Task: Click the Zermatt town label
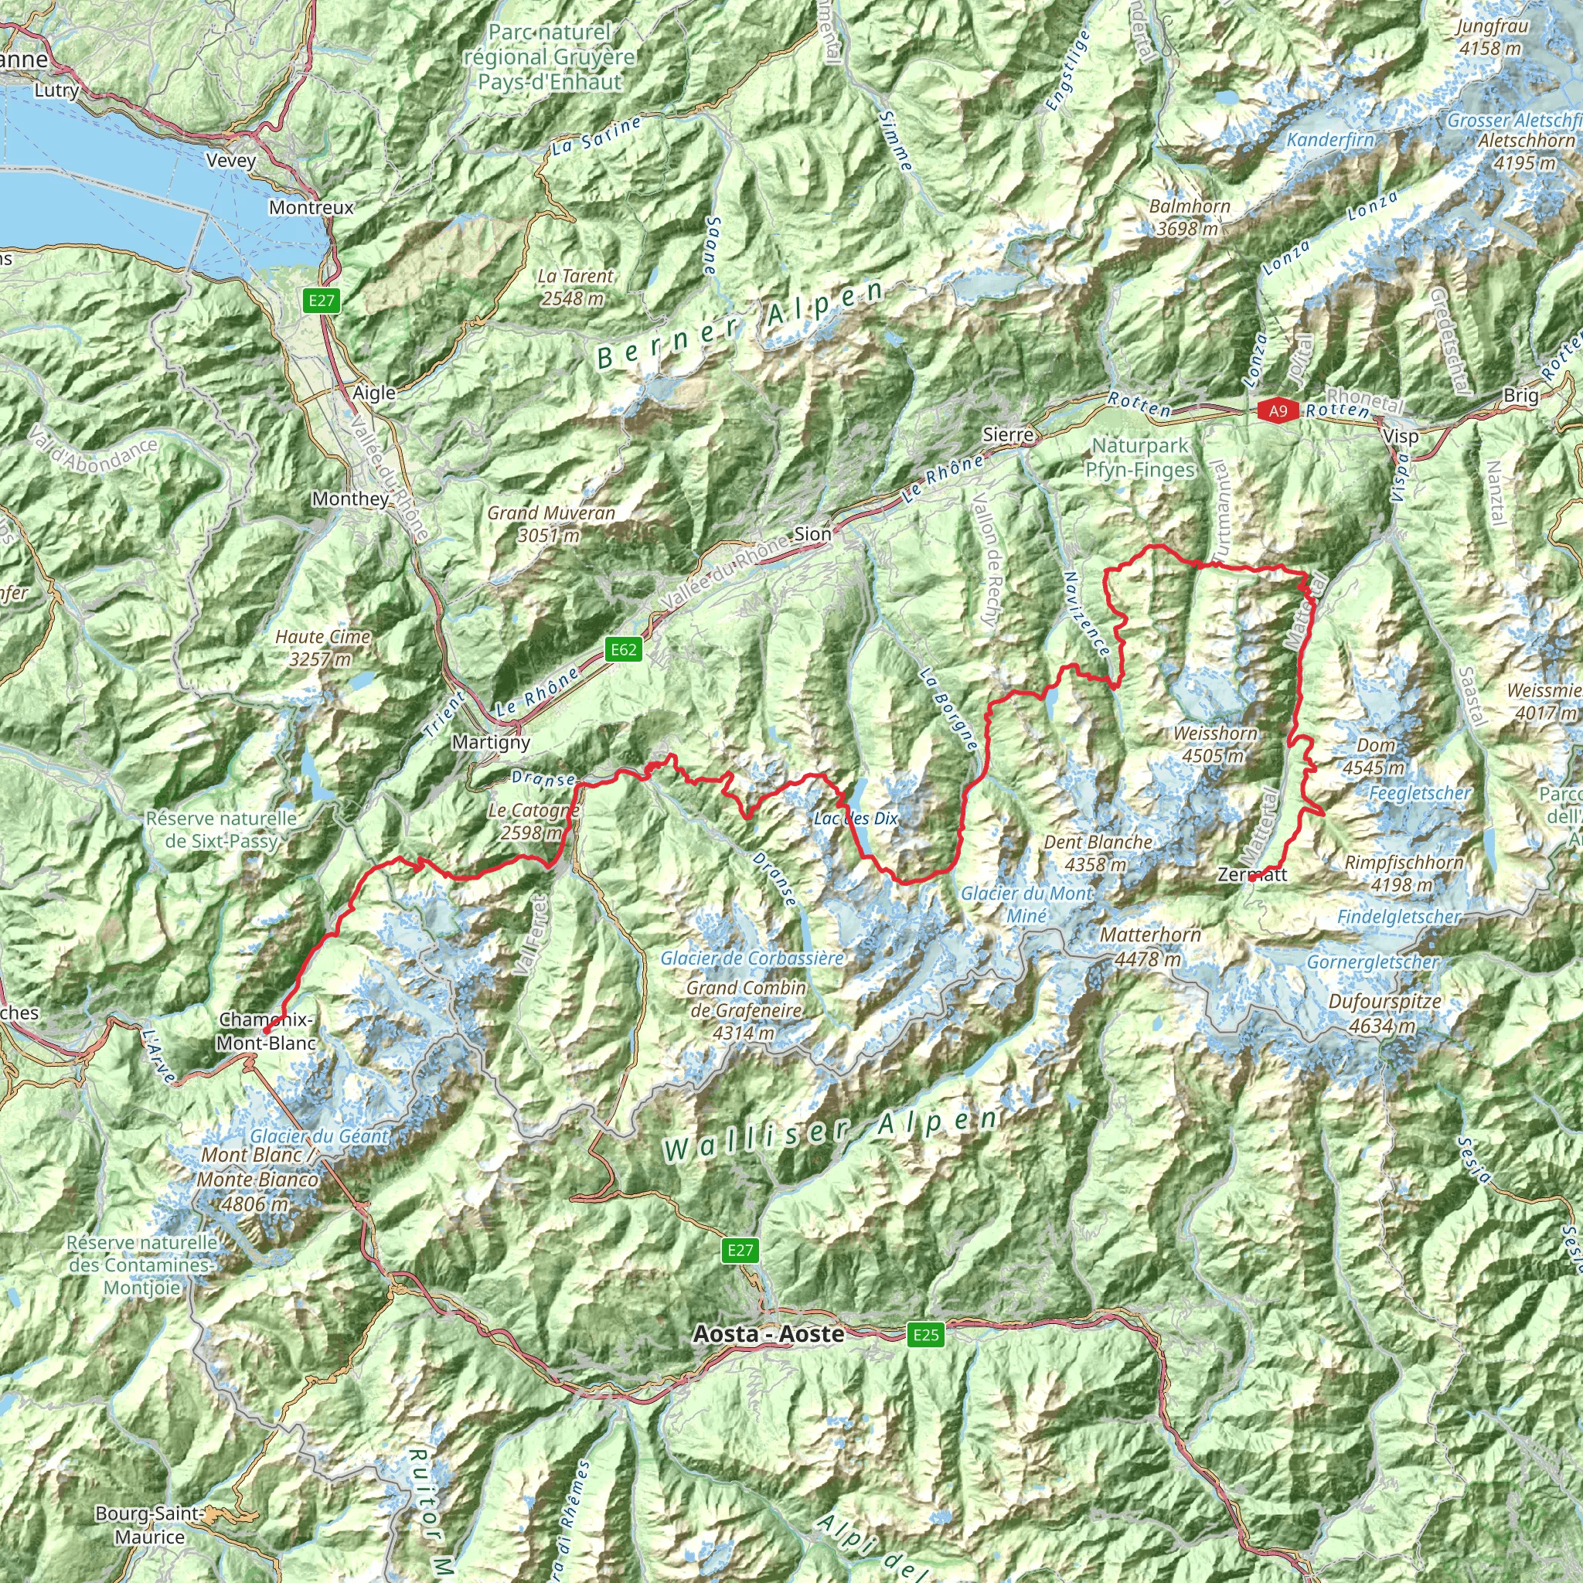pos(1252,874)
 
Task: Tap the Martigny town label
pos(491,742)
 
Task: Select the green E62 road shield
pos(623,650)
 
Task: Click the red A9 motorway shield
pos(1278,411)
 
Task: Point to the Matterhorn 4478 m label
pos(1150,946)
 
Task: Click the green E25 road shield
pos(926,1335)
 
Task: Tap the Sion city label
pos(813,534)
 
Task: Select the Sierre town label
pos(1008,435)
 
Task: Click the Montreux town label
pos(311,208)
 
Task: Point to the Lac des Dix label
pos(856,819)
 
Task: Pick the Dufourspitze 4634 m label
pos(1384,1013)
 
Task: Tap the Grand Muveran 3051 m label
pos(550,523)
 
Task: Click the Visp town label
pos(1401,437)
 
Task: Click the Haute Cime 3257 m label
pos(323,647)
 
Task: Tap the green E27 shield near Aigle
pos(322,301)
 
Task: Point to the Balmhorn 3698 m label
pos(1189,217)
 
